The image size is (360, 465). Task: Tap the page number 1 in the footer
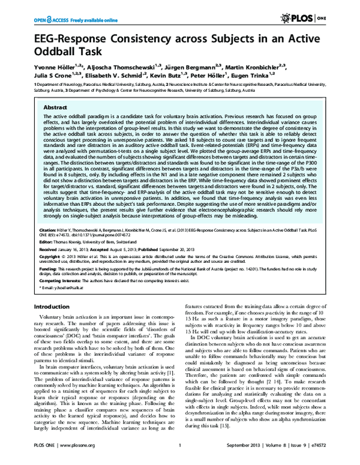coord(180,454)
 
